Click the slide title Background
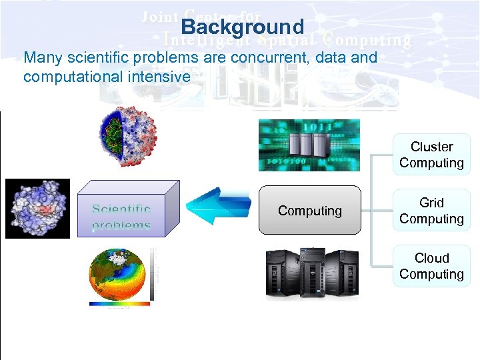[x=242, y=27]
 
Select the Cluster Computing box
[x=431, y=155]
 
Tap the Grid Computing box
[x=431, y=211]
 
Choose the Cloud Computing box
[x=431, y=266]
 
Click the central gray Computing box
[x=309, y=211]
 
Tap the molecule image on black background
[x=37, y=209]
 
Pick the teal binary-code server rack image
[x=309, y=145]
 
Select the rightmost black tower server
[x=341, y=273]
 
